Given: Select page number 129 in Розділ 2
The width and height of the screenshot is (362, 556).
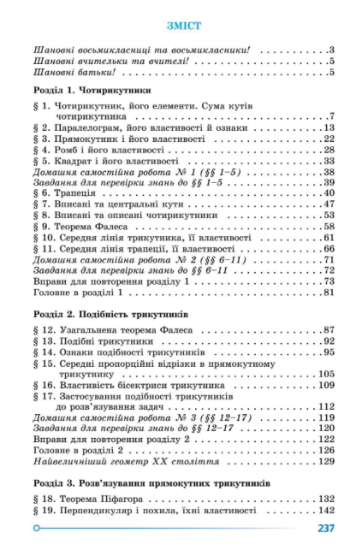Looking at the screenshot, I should [325, 461].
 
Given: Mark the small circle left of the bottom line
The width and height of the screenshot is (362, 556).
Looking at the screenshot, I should [37, 528].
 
